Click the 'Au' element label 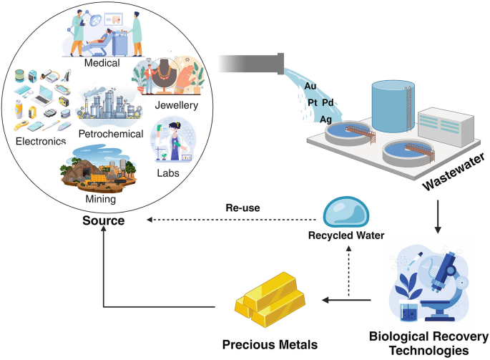point(310,86)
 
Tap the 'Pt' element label point(312,103)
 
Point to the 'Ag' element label point(325,119)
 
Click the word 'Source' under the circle point(103,220)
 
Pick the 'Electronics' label point(40,141)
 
